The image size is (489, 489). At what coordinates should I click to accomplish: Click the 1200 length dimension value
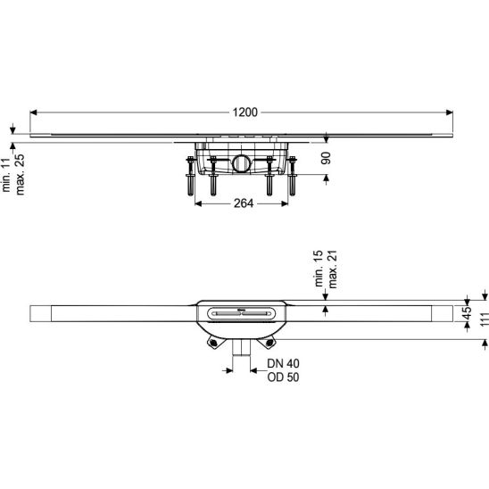coord(245,112)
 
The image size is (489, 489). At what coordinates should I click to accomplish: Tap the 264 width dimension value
coord(244,203)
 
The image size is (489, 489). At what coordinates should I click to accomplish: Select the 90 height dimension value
coord(326,158)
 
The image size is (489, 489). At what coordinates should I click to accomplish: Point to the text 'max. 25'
coord(20,175)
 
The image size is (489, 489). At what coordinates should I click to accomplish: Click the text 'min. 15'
coord(319,269)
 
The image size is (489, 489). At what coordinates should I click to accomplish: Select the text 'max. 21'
coord(333,269)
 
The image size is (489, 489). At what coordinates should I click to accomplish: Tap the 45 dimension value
coord(467,313)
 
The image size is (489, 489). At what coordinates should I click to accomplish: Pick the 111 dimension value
coord(485,319)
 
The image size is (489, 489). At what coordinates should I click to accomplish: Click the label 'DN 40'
coord(283,363)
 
